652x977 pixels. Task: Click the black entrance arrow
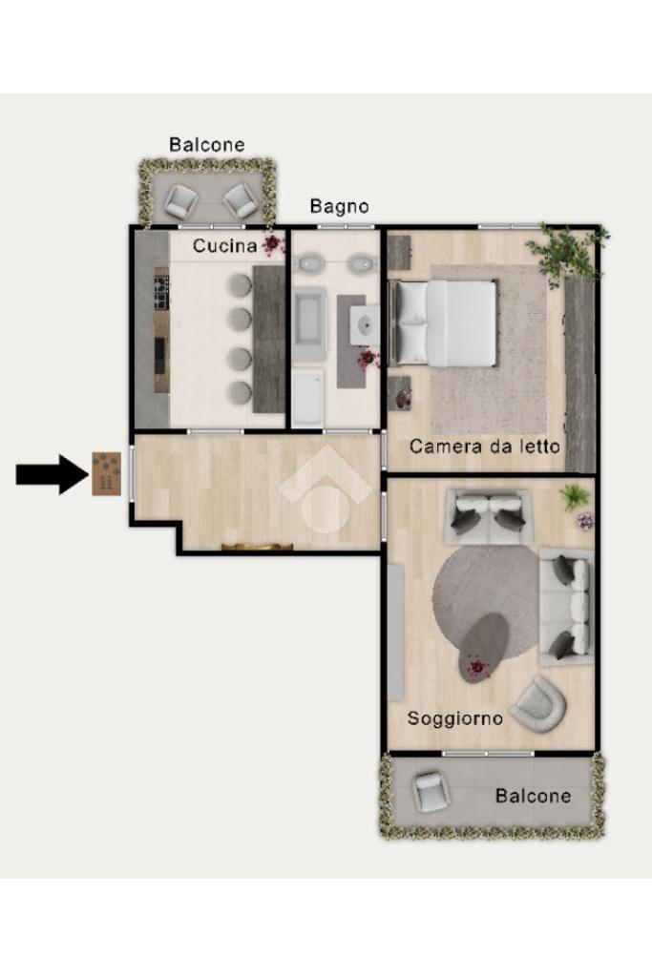click(x=52, y=474)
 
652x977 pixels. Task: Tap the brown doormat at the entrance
click(x=107, y=474)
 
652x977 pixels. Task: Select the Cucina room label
click(x=224, y=246)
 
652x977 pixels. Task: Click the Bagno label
click(x=339, y=206)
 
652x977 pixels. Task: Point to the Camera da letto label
click(x=484, y=447)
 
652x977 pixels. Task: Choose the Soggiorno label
click(x=455, y=718)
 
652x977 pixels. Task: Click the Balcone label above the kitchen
click(x=207, y=145)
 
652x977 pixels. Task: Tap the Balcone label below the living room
click(x=533, y=796)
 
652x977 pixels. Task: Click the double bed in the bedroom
click(x=443, y=322)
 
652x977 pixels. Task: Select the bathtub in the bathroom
click(x=309, y=324)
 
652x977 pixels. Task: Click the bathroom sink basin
click(x=366, y=324)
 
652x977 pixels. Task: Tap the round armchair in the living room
click(x=538, y=704)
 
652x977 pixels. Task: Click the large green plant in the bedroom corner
click(x=564, y=252)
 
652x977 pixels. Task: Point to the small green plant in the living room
click(x=574, y=496)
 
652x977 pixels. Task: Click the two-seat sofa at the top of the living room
click(x=489, y=516)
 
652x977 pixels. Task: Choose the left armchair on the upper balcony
click(x=180, y=200)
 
